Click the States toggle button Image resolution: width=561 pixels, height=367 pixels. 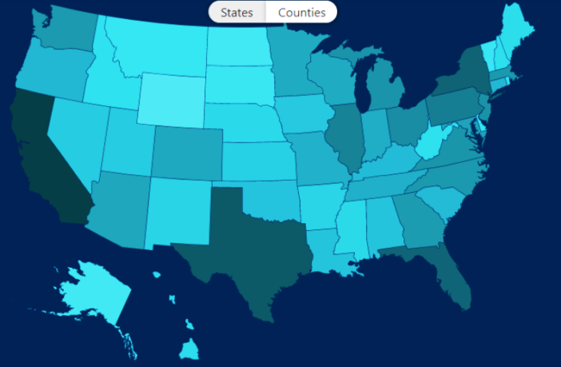click(237, 12)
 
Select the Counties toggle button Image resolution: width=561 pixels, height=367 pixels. click(301, 12)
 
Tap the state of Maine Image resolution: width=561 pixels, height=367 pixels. click(515, 32)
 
